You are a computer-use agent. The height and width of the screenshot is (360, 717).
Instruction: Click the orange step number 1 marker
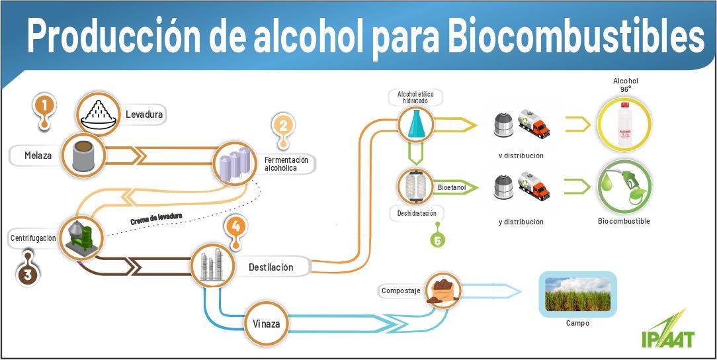tap(44, 106)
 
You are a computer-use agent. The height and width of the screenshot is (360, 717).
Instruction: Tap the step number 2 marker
tap(283, 126)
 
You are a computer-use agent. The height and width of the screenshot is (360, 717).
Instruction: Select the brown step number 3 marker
tap(27, 274)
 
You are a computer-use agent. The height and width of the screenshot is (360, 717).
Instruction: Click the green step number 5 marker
tap(437, 240)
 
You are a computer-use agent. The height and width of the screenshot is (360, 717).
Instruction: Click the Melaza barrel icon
tap(83, 156)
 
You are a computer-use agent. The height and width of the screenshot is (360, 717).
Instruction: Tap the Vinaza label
tap(267, 324)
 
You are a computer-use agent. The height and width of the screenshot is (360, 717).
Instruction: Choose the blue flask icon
tap(415, 124)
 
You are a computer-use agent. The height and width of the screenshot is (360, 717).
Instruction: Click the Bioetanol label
tap(452, 188)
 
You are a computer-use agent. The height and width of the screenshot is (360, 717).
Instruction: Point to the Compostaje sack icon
tap(441, 291)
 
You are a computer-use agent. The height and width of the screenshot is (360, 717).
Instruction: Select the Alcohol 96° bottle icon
tap(625, 124)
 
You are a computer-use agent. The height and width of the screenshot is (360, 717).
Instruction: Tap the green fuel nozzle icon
tap(625, 186)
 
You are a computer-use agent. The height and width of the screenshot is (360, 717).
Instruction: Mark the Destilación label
tap(271, 267)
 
